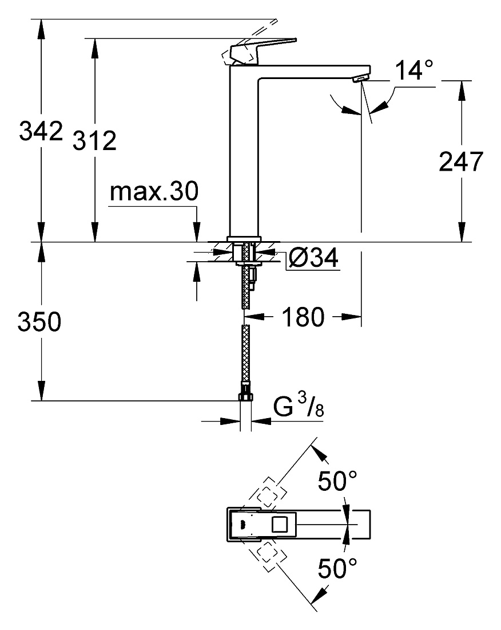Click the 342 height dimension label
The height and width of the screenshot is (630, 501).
(41, 131)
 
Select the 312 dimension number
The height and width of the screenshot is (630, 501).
(94, 140)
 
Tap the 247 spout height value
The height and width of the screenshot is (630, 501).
(461, 162)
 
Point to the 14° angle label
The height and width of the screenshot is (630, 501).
(415, 70)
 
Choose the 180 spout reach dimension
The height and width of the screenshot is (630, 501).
(303, 317)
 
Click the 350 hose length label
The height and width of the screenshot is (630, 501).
(39, 321)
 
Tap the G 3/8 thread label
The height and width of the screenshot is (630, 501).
(299, 405)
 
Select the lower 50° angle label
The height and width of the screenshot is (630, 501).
(337, 568)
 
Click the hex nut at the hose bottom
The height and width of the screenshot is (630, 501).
(245, 396)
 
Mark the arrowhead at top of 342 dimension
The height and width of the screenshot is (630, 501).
(41, 28)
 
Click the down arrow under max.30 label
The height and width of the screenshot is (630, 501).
(197, 232)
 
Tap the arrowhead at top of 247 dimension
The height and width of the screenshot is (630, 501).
(462, 90)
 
